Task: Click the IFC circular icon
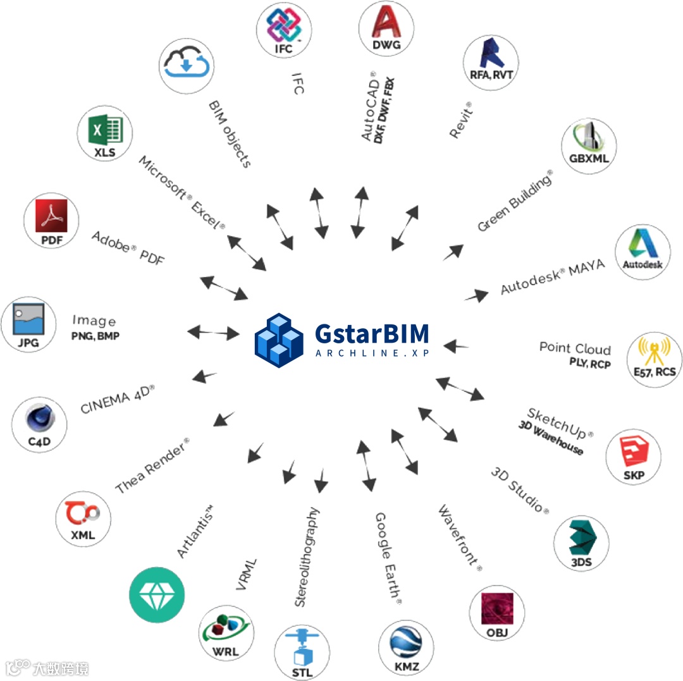(284, 30)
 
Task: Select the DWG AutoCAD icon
(386, 28)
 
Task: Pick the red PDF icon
(51, 221)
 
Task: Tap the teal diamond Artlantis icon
(156, 595)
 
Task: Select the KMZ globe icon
(406, 647)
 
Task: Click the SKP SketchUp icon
(633, 455)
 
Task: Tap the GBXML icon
(588, 144)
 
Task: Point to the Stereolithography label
(308, 556)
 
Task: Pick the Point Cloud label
(575, 348)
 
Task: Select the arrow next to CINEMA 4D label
(205, 376)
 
